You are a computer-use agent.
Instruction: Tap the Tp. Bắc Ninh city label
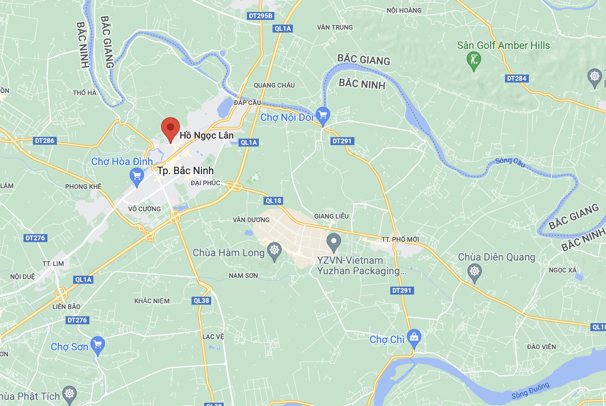tap(185, 170)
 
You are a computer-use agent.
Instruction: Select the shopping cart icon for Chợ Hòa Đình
tap(137, 176)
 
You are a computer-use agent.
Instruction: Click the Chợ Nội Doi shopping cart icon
tap(323, 115)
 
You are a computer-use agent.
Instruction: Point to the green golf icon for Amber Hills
tap(474, 60)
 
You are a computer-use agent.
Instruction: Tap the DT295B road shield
tap(261, 16)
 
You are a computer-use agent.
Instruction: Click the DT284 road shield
tap(517, 79)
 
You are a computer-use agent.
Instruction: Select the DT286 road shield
tap(45, 141)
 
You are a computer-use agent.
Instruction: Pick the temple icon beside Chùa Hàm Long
tap(274, 250)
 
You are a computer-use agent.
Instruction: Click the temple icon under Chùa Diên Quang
tap(474, 271)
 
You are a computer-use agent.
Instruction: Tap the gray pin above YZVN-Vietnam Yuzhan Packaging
tap(333, 241)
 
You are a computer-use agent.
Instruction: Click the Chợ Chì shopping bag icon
tap(414, 337)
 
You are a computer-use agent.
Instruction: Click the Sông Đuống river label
tap(530, 391)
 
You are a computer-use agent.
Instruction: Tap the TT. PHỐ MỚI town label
tap(400, 240)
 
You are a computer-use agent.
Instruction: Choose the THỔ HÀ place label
tap(84, 93)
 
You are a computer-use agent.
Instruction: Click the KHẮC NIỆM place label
tap(152, 301)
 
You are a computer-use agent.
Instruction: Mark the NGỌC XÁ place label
tap(562, 270)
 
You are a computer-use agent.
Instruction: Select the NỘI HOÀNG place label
tap(404, 10)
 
